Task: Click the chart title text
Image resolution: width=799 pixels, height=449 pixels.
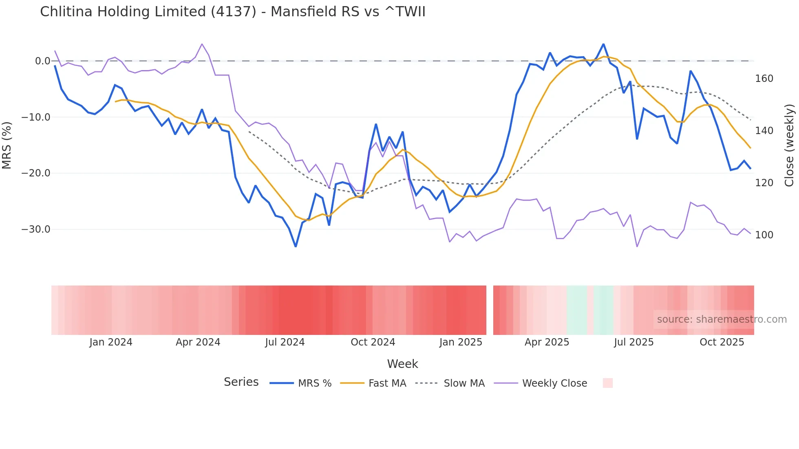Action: (232, 12)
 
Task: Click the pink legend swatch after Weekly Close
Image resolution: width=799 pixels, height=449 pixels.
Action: (607, 383)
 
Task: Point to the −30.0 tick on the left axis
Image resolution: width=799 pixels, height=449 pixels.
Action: (36, 229)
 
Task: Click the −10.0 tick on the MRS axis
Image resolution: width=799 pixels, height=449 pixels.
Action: (36, 117)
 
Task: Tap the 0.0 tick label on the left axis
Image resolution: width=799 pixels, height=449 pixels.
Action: (42, 61)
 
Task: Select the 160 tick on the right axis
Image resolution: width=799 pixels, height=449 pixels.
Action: (764, 79)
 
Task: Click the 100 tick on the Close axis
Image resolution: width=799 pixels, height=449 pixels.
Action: (764, 235)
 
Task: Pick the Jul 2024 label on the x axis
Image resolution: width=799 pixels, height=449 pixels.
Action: (285, 342)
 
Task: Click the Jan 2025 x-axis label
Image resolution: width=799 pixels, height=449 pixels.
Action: (461, 342)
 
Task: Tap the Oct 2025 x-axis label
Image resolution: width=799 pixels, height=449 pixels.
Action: (722, 342)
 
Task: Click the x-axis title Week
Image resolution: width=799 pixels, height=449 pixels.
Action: (402, 364)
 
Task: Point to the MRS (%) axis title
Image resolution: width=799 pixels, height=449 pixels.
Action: (7, 145)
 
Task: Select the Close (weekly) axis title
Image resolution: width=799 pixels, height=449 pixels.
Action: (789, 145)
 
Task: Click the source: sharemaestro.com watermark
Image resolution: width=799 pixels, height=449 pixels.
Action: (722, 319)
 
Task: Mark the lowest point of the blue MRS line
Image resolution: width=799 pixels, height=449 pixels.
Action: (296, 247)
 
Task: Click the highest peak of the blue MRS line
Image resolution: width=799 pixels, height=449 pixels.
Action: (603, 44)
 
